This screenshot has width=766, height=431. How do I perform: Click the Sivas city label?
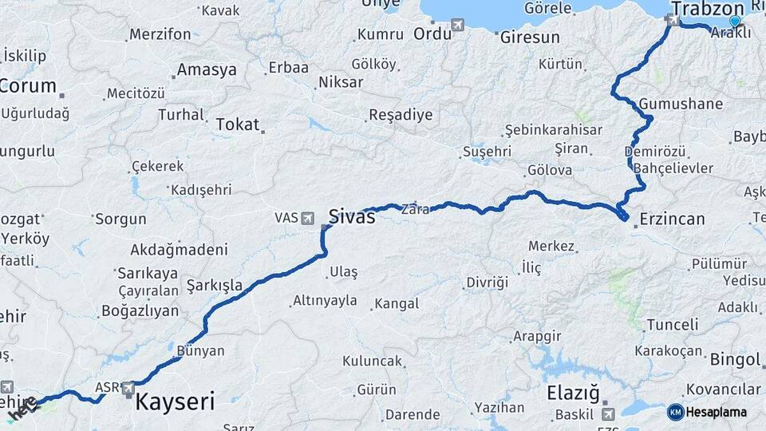[x=352, y=215]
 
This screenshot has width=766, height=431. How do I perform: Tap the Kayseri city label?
[x=175, y=401]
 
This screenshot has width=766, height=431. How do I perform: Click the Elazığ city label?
[x=573, y=393]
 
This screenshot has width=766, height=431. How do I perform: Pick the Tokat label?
[x=238, y=125]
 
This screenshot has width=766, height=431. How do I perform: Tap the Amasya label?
[x=207, y=70]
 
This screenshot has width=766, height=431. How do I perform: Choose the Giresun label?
[x=529, y=37]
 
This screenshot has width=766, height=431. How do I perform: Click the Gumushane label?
[x=681, y=105]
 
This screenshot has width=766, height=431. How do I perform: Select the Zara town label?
[x=415, y=210]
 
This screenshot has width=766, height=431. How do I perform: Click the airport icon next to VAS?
[x=307, y=217]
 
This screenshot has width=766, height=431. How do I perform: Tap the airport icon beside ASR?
[x=128, y=388]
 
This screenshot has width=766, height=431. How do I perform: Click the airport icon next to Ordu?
[x=457, y=25]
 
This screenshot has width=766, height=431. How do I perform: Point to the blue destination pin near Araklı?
[x=735, y=21]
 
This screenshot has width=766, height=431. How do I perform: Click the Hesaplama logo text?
[x=717, y=413]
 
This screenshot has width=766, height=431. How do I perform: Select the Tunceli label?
[x=672, y=325]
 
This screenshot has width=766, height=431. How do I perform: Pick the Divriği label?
[x=487, y=283]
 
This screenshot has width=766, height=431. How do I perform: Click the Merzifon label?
[x=160, y=34]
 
